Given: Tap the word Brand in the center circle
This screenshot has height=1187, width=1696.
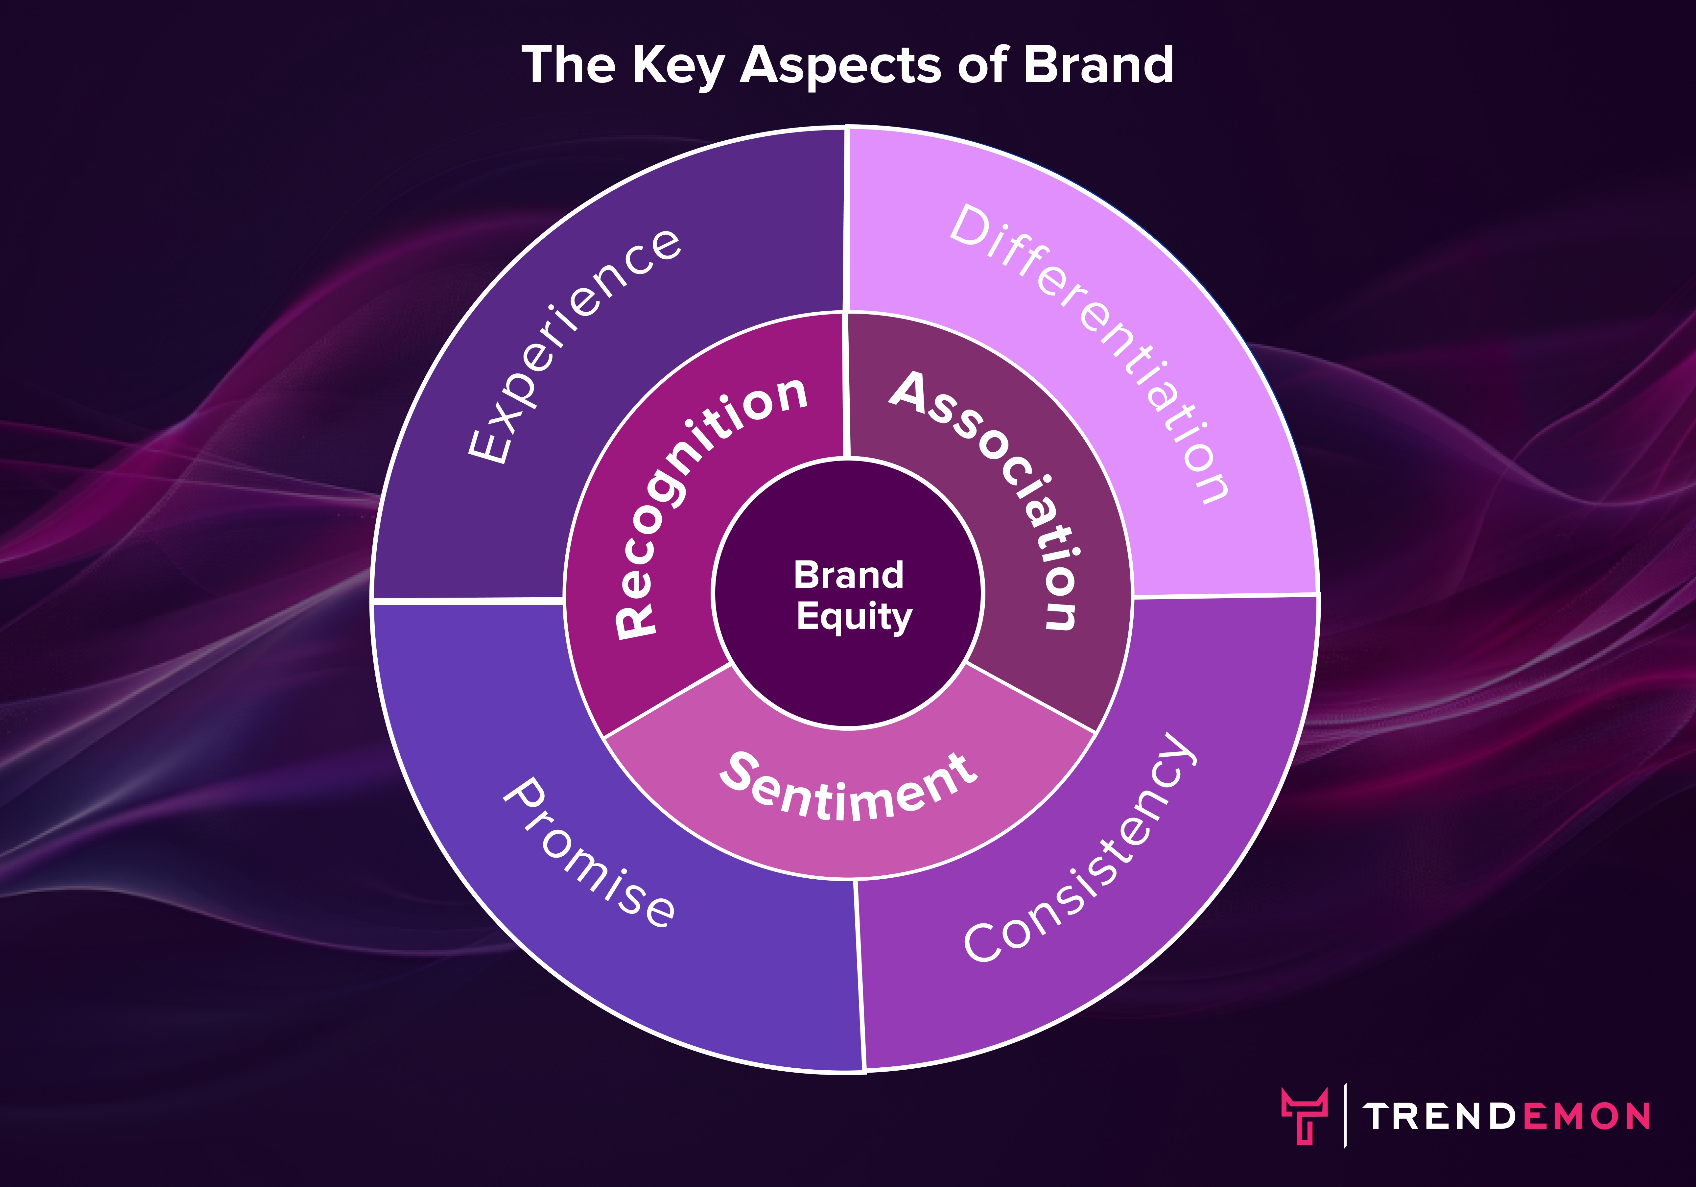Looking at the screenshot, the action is (x=849, y=575).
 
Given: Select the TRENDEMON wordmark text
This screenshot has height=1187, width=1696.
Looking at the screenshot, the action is (x=1507, y=1116).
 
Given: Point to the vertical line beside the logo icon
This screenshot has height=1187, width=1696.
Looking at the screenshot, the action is (x=1345, y=1115).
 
